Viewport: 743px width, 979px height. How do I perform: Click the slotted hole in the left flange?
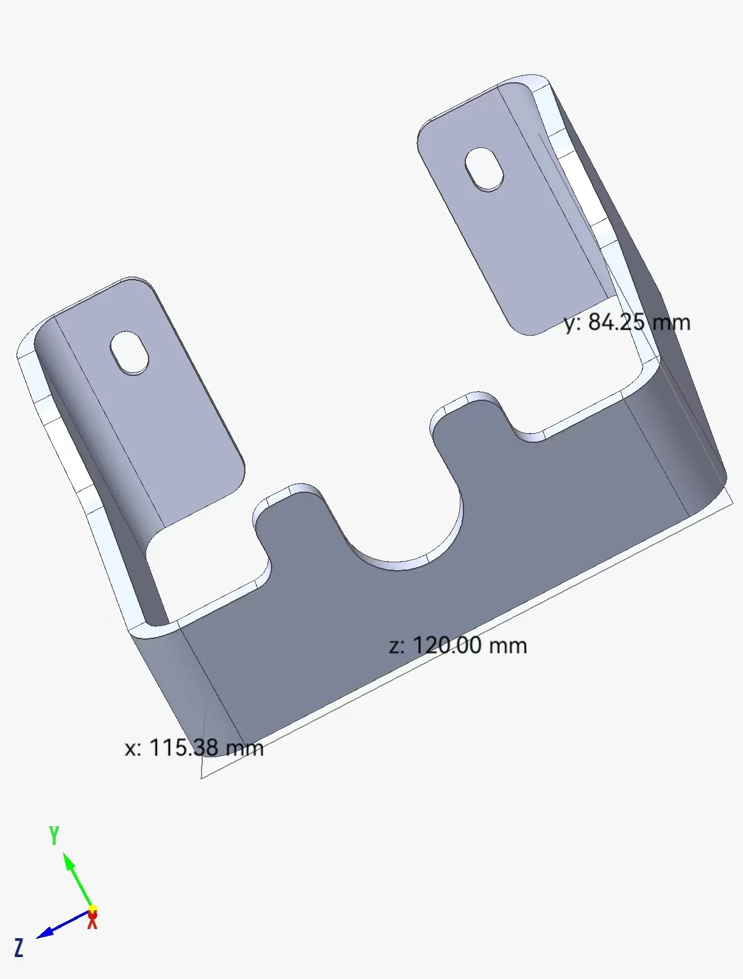(129, 352)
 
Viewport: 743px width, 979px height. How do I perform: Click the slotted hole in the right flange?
(484, 168)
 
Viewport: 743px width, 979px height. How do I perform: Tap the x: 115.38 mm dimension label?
(194, 748)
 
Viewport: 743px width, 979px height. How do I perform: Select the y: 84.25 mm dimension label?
(627, 322)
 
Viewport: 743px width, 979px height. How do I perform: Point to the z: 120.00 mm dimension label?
(458, 645)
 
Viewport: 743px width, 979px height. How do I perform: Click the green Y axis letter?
(54, 835)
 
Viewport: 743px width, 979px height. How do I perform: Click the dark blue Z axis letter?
(19, 948)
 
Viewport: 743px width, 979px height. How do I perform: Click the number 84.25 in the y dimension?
(616, 322)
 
